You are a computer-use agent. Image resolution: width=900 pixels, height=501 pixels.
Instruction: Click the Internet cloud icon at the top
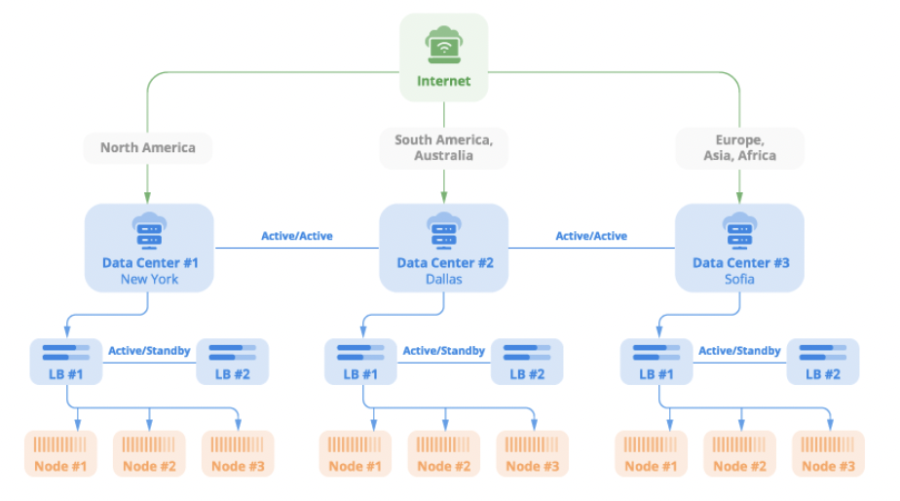(x=443, y=45)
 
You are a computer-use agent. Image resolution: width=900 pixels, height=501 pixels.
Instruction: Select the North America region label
(x=147, y=148)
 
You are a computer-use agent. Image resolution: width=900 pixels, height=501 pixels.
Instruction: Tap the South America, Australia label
(x=443, y=148)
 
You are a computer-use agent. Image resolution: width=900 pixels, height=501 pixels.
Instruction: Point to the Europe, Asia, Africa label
(x=739, y=148)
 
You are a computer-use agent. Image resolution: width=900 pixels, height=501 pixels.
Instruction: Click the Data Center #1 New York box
(x=149, y=248)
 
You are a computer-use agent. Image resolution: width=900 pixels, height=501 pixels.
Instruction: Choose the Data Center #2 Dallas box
(x=443, y=248)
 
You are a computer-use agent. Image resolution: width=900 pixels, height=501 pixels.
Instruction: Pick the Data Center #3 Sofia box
(x=739, y=248)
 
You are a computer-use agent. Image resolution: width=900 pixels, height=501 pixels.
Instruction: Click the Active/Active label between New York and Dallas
(x=296, y=236)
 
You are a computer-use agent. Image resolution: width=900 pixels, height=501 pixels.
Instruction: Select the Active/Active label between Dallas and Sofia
(x=591, y=236)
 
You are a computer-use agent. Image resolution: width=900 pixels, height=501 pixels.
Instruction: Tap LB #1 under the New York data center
(x=66, y=361)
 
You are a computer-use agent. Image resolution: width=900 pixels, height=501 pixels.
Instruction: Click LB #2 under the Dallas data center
(x=527, y=361)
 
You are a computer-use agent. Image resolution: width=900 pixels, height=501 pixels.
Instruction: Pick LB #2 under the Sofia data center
(x=822, y=361)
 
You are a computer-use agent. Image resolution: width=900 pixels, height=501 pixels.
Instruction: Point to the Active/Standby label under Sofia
(x=739, y=351)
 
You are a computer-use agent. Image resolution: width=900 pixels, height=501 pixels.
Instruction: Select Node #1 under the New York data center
(x=60, y=453)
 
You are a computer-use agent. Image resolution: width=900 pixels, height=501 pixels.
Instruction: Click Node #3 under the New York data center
(x=238, y=453)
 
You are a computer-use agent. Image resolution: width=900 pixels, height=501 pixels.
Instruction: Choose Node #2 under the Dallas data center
(x=444, y=453)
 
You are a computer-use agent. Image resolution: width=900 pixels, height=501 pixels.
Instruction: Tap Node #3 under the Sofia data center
(x=828, y=453)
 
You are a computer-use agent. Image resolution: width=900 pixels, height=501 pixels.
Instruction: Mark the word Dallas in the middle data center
(x=443, y=280)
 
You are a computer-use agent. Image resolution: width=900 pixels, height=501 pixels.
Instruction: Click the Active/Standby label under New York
(x=149, y=351)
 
